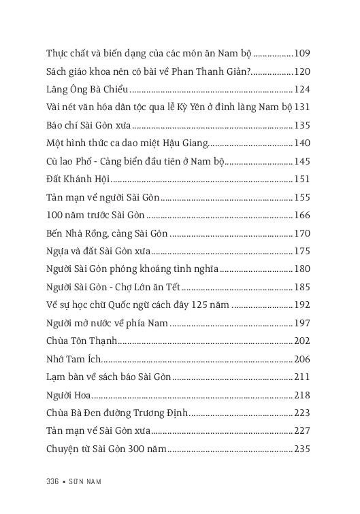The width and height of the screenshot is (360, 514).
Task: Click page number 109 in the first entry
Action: click(302, 54)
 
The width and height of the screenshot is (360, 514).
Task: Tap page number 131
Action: click(302, 107)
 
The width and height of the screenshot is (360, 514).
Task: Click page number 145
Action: click(302, 161)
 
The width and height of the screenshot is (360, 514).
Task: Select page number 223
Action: click(302, 413)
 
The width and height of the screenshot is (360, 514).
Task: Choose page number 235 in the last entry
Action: click(302, 449)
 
